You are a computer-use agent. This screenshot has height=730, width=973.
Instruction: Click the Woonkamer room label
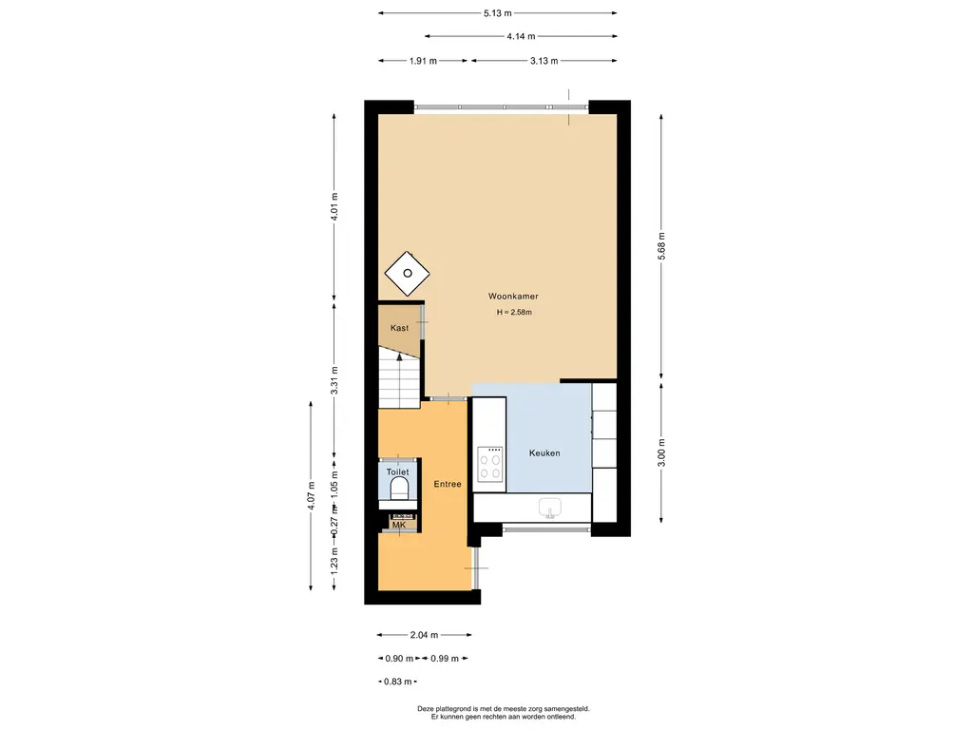point(513,297)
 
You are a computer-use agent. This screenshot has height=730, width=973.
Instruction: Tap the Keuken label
point(544,453)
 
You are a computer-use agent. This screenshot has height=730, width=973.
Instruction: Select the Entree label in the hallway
point(448,484)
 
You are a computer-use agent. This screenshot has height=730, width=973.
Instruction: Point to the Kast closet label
point(399,328)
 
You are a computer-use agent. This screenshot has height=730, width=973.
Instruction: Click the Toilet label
point(398,472)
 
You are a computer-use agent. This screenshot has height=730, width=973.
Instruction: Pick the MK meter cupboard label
point(399,525)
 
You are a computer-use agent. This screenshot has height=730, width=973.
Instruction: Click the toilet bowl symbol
point(399,489)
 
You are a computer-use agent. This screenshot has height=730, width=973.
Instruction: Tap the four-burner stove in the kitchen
point(489,464)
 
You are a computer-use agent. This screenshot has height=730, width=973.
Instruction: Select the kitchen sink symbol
point(549,508)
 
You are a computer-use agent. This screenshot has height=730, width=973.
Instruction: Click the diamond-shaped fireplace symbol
point(407,274)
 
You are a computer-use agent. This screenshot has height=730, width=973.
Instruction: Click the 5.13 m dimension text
point(498,13)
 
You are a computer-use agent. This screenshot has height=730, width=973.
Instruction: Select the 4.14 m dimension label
point(521,37)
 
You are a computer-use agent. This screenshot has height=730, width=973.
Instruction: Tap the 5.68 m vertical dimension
point(661,246)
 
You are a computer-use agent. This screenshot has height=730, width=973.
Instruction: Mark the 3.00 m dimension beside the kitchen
point(661,452)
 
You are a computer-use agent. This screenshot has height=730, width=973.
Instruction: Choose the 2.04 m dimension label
point(424,635)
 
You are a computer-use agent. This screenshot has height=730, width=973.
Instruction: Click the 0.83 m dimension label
point(398,682)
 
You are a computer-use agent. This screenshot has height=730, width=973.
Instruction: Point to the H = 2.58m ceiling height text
point(514,312)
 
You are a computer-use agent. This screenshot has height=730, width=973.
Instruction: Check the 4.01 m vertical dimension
point(334,207)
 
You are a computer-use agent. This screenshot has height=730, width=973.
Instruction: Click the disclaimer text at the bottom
point(504,713)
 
